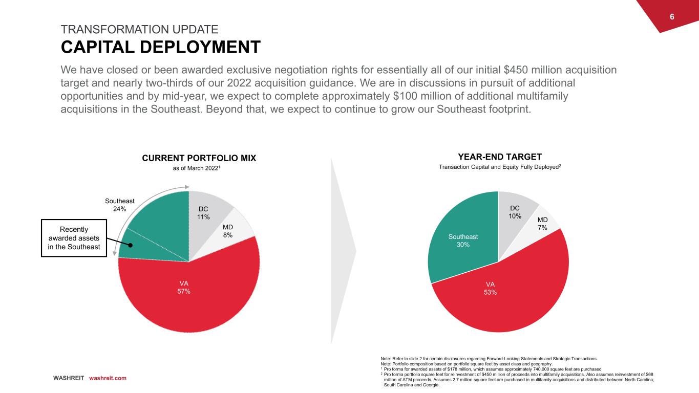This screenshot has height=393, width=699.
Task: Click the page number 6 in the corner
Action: pos(672,17)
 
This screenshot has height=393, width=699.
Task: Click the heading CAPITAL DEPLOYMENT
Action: pos(160,47)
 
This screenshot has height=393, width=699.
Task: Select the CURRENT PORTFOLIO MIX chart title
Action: pos(199,159)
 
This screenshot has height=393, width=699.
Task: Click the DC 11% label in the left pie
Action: pos(203,213)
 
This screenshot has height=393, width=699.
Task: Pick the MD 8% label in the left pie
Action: pos(228,231)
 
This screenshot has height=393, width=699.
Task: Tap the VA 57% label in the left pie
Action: pos(184,287)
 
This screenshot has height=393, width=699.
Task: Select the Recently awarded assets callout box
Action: pos(75,238)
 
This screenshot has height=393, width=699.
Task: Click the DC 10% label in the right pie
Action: pos(514,212)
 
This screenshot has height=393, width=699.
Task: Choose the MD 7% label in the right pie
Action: pos(542,223)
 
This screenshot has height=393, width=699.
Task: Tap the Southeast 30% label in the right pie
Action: pos(463,241)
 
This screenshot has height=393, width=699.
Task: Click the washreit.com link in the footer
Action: pos(108,378)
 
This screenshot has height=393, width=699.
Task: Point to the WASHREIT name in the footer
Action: pos(68,378)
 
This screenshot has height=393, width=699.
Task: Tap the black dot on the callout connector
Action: pos(131,245)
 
